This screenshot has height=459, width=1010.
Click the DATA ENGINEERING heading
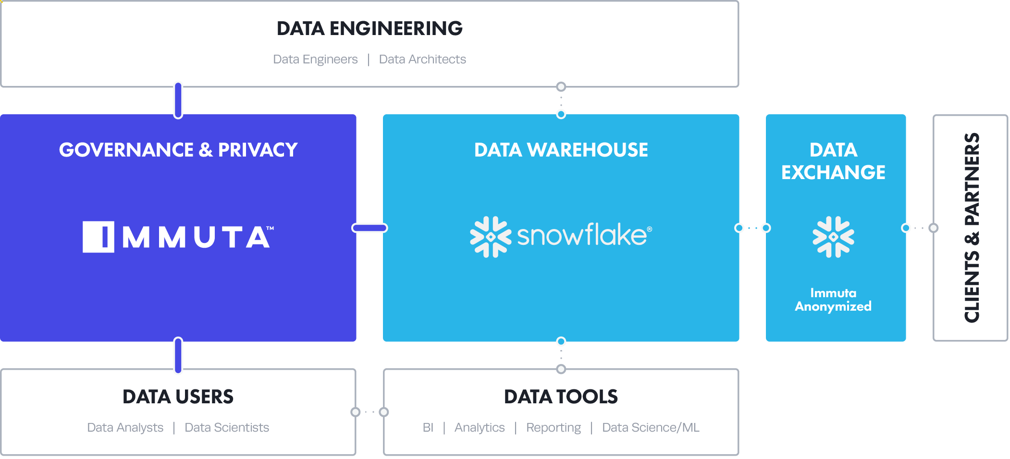370,28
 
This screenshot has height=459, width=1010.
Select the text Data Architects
422,59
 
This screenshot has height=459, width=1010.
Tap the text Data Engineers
315,59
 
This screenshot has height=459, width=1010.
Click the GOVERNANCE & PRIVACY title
178,150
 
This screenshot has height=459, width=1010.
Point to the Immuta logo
178,237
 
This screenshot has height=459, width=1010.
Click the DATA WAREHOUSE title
561,150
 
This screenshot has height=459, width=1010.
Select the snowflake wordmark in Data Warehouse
583,235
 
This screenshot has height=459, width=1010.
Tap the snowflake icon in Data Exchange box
833,237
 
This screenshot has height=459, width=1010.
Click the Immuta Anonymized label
833,300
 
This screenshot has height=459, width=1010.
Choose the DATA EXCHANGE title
833,161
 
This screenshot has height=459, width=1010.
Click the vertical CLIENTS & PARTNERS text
972,228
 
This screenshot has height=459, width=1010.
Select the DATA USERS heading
178,397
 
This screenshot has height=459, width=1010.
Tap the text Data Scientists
227,427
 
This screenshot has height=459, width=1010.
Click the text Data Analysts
125,427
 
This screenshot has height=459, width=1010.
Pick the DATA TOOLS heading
561,397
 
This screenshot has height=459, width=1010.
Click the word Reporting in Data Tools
554,427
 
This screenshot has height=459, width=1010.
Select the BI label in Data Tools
428,427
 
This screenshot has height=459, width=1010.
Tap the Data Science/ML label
651,427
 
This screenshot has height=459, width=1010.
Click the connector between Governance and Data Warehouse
370,228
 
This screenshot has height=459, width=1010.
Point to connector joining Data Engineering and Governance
178,100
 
